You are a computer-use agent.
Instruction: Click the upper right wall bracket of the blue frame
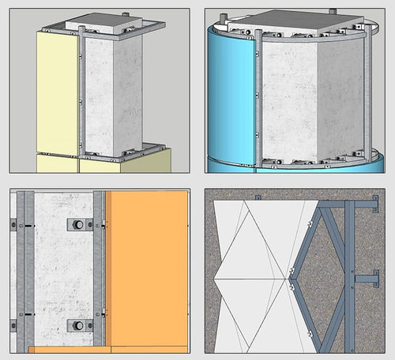pyautogui.click(x=365, y=208)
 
